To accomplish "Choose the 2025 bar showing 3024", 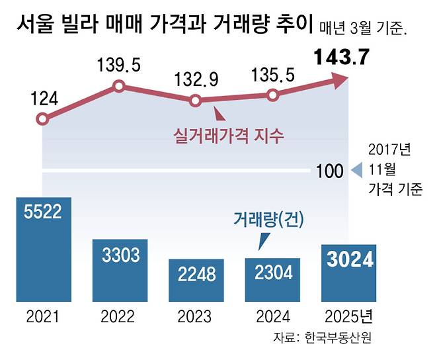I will pos(349,271).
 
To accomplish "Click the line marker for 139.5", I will pos(119,85).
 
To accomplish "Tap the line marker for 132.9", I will pos(195,101).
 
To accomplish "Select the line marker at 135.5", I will pos(272,95).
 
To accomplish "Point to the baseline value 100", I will pos(330,171).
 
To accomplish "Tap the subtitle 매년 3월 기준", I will pos(362,29).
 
